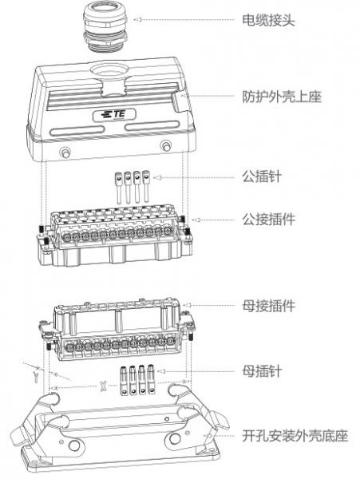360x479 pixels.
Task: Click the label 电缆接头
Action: [x=269, y=18]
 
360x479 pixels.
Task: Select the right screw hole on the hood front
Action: [x=165, y=145]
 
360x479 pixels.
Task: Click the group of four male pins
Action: [x=131, y=188]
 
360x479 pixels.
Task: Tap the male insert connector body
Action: [x=112, y=236]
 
